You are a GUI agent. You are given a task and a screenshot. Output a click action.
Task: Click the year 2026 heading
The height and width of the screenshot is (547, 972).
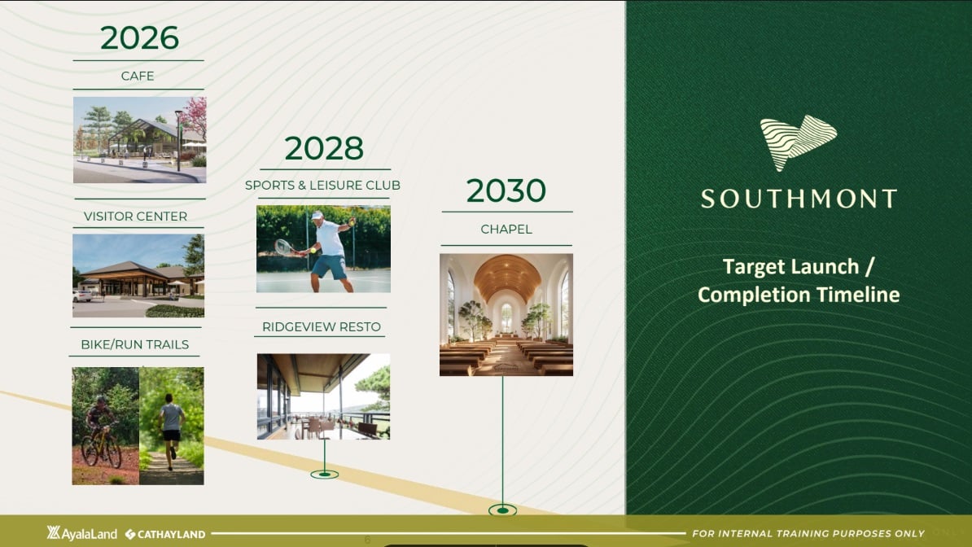tap(139, 37)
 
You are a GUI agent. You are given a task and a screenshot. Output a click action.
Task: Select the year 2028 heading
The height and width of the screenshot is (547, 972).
tap(323, 148)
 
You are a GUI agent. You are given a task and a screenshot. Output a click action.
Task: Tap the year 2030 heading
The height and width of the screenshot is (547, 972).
tap(506, 190)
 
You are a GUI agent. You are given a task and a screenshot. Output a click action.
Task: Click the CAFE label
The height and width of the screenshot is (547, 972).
tap(138, 76)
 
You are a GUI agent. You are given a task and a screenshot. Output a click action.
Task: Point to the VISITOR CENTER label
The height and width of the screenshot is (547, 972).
tap(135, 217)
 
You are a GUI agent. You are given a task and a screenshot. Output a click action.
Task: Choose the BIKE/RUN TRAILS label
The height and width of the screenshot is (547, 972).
tap(134, 345)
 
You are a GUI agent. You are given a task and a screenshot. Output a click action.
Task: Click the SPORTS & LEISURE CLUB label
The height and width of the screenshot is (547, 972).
tap(322, 186)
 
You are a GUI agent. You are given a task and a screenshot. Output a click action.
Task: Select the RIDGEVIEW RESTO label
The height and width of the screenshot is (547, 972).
tap(321, 327)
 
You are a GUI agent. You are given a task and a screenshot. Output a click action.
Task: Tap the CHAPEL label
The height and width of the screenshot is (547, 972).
tap(506, 230)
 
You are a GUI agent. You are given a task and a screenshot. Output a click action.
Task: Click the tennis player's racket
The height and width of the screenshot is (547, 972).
tap(285, 247)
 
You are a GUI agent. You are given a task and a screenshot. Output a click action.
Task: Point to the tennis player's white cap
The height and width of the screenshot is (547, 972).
tap(317, 215)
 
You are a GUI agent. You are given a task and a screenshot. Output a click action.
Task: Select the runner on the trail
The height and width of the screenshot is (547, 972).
tap(171, 431)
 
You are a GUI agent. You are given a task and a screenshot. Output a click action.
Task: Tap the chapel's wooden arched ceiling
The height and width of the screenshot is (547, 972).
tap(506, 275)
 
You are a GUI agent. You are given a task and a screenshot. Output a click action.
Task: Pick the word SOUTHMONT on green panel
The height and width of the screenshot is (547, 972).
tap(799, 199)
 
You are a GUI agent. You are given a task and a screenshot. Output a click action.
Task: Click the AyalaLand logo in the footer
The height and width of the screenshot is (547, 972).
tap(82, 533)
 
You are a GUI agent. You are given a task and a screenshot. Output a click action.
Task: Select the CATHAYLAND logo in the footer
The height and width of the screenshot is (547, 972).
tap(165, 534)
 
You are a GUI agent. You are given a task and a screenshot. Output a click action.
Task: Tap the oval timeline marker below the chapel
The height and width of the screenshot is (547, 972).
tap(503, 510)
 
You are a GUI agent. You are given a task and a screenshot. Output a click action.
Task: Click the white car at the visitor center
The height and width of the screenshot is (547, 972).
tap(82, 296)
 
